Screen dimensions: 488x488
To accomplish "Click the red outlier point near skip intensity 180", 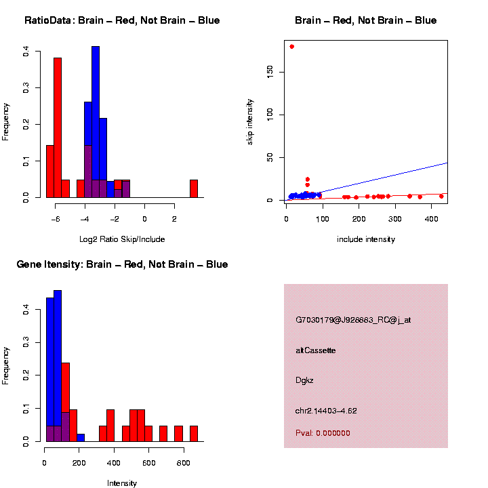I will click(291, 46).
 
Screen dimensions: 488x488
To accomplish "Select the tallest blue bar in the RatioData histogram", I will click(96, 122).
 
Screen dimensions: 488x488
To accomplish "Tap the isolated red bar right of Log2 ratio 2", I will click(194, 188).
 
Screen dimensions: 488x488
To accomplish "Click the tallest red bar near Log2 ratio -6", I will click(58, 127).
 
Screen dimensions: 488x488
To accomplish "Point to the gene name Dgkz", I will click(305, 380).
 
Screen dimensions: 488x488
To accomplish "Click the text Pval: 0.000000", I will click(323, 433).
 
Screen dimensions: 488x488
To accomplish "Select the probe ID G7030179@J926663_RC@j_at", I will click(352, 320).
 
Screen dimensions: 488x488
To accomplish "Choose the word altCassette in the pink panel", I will click(315, 350).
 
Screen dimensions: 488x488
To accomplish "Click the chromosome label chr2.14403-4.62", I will click(326, 411).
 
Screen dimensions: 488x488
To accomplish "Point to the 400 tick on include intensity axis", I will click(283, 218).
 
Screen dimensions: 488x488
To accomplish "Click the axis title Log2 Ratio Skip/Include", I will click(122, 239).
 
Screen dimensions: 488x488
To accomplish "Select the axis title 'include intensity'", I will click(366, 239).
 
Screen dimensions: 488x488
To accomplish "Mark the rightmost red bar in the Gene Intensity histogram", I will click(194, 434).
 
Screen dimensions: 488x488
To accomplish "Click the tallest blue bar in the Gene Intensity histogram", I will click(58, 366).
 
